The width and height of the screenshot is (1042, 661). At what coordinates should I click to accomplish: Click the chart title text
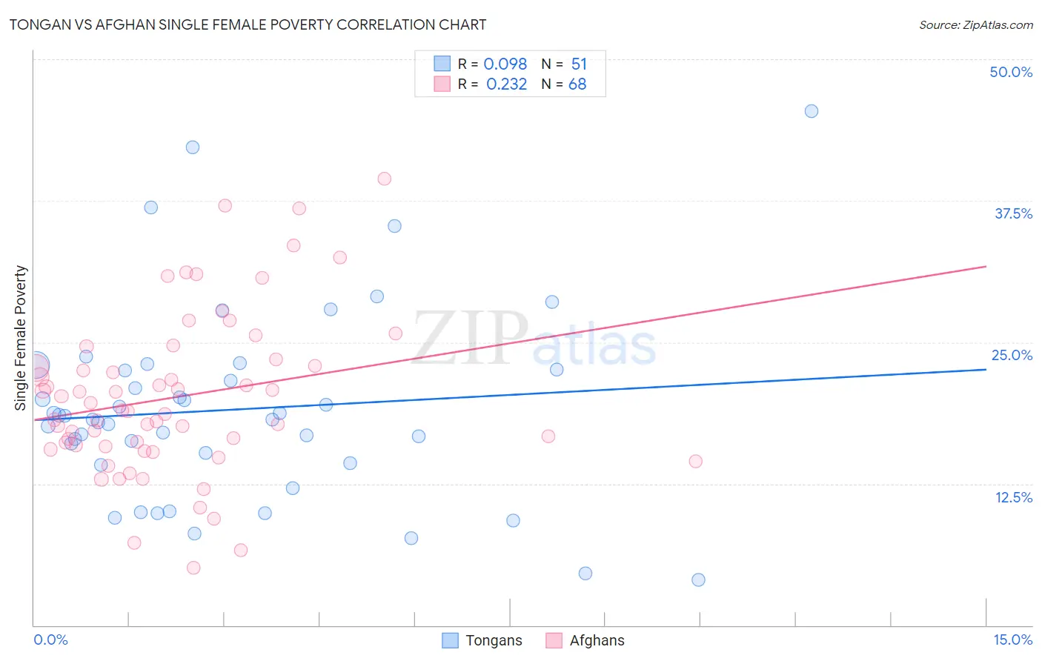click(248, 24)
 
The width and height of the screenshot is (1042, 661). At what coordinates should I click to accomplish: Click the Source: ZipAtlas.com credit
click(975, 25)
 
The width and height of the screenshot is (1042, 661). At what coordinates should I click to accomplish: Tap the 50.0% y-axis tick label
click(1011, 72)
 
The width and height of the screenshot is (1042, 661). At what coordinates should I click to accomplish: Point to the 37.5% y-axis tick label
click(1013, 213)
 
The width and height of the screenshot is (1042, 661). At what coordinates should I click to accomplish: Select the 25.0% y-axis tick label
click(1012, 355)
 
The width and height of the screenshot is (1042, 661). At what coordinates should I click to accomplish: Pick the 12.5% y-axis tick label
click(1013, 497)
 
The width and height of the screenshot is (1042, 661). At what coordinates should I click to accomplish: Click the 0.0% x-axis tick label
click(50, 640)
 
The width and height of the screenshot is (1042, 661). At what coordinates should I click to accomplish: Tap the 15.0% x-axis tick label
click(1012, 640)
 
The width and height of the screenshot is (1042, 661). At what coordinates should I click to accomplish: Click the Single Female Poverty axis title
click(21, 338)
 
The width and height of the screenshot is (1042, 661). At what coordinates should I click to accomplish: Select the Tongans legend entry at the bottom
click(482, 640)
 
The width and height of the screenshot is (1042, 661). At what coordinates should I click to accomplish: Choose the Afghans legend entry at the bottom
click(585, 640)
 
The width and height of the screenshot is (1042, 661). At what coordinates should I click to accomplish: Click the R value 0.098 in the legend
click(505, 64)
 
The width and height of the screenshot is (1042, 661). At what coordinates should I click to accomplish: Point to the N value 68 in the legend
click(577, 84)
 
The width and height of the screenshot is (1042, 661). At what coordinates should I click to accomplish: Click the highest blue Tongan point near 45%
click(812, 111)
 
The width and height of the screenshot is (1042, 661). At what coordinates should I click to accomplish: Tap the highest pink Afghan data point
click(384, 179)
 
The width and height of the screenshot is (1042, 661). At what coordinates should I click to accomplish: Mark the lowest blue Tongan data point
click(698, 579)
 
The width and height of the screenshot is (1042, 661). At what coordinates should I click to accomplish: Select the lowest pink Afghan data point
click(193, 568)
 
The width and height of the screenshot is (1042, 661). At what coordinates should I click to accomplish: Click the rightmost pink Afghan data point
click(695, 461)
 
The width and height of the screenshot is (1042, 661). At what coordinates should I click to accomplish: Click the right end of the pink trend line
click(986, 266)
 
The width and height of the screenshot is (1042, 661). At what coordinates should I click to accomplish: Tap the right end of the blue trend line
click(986, 369)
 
